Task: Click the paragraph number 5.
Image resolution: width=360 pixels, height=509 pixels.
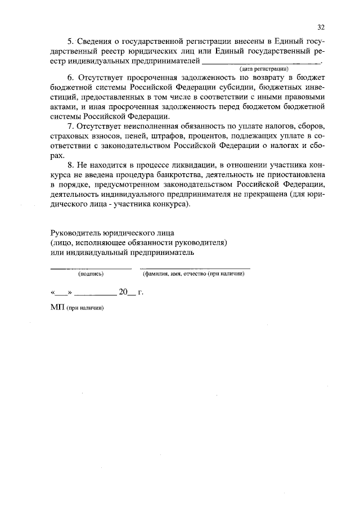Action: [69, 42]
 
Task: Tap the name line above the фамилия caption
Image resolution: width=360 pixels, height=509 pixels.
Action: [195, 268]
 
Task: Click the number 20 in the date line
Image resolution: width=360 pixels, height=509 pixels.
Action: [123, 292]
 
